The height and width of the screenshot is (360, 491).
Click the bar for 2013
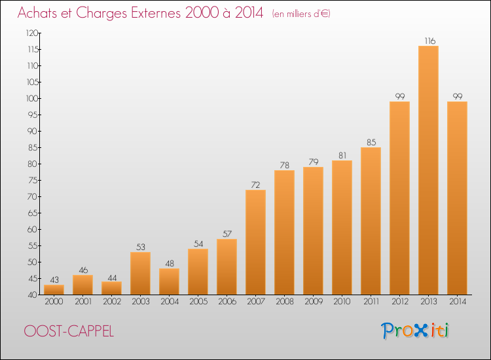428,170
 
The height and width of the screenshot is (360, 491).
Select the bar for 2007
255,242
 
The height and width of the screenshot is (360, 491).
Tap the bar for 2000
54,289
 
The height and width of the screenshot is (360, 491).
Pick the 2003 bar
140,274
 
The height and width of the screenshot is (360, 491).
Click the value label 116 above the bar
429,41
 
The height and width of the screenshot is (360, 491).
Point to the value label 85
371,143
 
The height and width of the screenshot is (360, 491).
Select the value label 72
255,185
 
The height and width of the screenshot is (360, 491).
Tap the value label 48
170,264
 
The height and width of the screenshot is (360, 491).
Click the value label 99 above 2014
458,96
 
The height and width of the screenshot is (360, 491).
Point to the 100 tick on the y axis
32,99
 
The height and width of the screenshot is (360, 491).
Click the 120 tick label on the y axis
32,33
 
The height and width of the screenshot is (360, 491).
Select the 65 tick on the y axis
33,213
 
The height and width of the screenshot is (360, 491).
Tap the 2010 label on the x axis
342,302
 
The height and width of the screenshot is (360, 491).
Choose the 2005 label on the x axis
198,302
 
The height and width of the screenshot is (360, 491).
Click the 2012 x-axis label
400,302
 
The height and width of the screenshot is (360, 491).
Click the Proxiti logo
414,331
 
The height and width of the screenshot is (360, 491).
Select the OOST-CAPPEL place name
69,331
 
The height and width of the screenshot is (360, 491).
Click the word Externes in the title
156,13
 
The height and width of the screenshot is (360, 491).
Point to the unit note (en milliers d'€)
301,14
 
